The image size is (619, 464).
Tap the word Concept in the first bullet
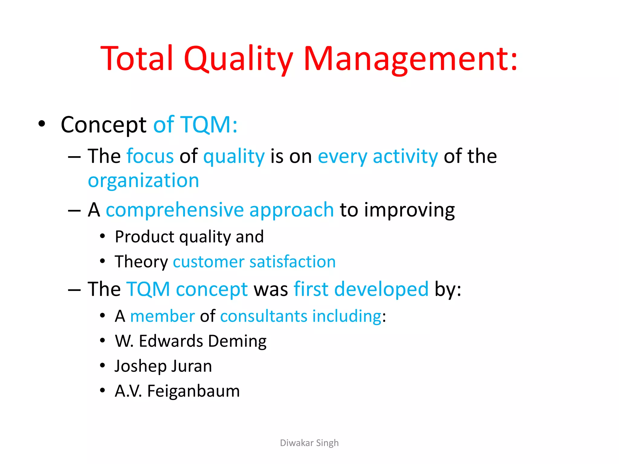103,124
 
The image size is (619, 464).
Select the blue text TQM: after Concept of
209,124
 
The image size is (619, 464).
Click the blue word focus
150,156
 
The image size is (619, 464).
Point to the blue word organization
143,181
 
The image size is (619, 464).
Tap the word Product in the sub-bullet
144,237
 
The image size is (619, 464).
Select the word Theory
141,262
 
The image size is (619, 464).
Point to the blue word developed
381,289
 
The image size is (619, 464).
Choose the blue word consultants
264,316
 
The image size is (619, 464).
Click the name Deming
237,341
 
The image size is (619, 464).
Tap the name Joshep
140,366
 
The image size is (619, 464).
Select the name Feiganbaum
193,391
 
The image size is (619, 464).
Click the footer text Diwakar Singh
309,443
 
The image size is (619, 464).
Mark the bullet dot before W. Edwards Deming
102,340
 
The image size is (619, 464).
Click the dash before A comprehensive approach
74,210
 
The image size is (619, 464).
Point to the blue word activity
405,156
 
